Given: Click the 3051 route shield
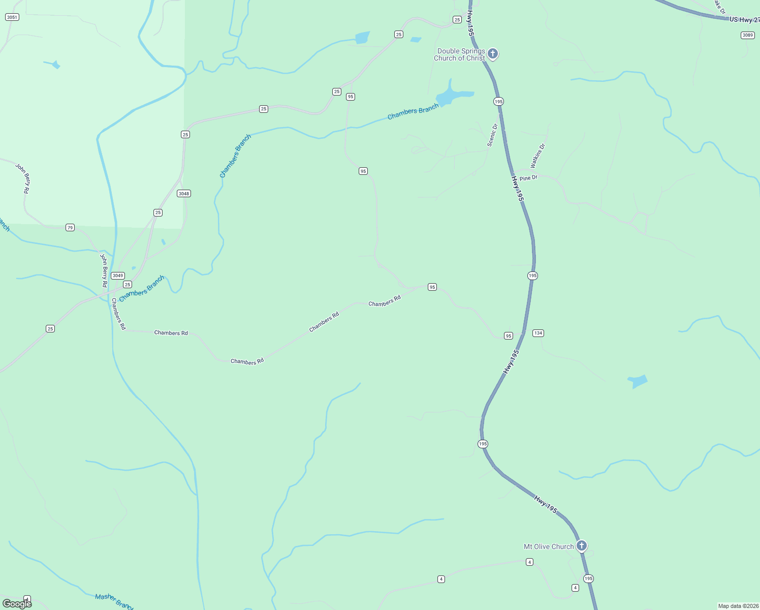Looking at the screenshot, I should [x=12, y=17].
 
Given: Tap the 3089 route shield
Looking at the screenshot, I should [x=747, y=35].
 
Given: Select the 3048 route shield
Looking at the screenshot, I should [x=184, y=194].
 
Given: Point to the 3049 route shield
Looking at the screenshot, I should [x=118, y=276].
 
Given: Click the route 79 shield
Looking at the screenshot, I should [x=70, y=228].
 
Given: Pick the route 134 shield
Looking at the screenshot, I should [x=538, y=333].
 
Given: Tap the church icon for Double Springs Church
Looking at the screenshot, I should [x=492, y=53].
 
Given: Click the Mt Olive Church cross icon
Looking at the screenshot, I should [x=582, y=546].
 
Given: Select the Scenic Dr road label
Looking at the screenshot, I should [x=492, y=135].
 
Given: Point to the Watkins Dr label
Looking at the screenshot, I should [x=537, y=156].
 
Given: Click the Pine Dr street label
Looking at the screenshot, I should [x=528, y=178].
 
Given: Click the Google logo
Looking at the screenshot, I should [x=17, y=603].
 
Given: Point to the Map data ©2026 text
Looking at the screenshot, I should [x=738, y=606].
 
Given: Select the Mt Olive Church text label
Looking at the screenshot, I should [x=549, y=547].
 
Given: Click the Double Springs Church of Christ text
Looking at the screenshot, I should [x=459, y=54].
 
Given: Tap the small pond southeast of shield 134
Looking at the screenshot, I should [x=638, y=381].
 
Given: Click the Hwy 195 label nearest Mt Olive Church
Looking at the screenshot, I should [x=546, y=504].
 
